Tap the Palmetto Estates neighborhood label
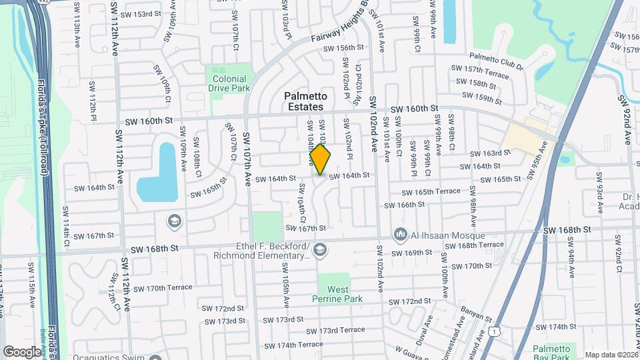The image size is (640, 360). [305, 101]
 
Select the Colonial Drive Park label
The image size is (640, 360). [230, 83]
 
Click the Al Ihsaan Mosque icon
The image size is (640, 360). [401, 234]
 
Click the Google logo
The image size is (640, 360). [22, 351]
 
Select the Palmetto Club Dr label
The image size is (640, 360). [496, 58]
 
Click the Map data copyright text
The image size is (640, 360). [609, 355]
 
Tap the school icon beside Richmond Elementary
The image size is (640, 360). [320, 250]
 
